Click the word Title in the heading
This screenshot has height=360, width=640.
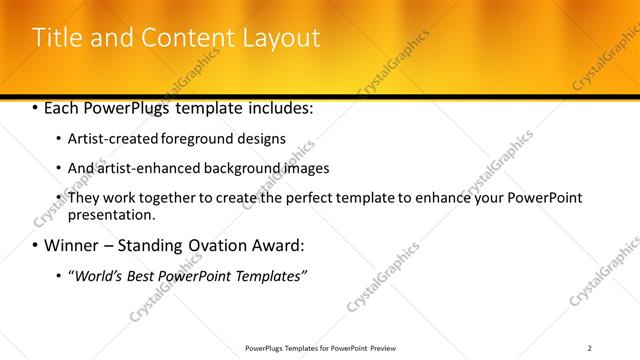point(55,38)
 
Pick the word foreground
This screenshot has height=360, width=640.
point(193,139)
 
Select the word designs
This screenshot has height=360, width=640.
point(260,139)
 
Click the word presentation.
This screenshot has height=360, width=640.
point(111,214)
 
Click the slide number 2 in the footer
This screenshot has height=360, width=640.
point(590,347)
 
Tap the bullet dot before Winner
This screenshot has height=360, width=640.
point(35,246)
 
